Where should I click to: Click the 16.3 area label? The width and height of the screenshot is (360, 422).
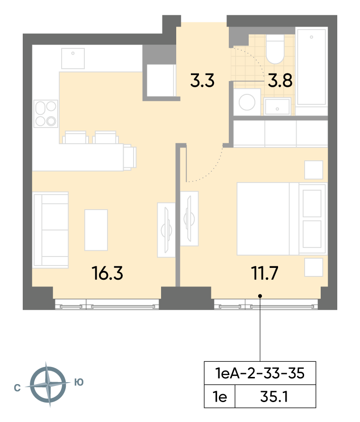pyautogui.click(x=107, y=273)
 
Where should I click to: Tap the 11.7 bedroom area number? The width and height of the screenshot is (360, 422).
pyautogui.click(x=265, y=273)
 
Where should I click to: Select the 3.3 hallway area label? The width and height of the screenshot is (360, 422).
pyautogui.click(x=202, y=81)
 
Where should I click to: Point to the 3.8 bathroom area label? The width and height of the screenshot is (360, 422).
pyautogui.click(x=280, y=81)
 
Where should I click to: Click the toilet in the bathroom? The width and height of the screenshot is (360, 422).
pyautogui.click(x=275, y=49)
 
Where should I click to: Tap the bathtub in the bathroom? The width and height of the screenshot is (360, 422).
pyautogui.click(x=311, y=66)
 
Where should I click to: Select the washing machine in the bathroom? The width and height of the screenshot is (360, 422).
pyautogui.click(x=247, y=102)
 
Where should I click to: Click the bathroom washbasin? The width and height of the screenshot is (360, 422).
pyautogui.click(x=277, y=107)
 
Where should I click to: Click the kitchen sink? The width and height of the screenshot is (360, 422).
pyautogui.click(x=73, y=58)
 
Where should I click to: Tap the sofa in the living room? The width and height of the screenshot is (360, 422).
pyautogui.click(x=50, y=230)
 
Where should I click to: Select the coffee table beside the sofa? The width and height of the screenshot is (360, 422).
pyautogui.click(x=96, y=230)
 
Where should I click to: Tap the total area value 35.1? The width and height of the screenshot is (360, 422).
pyautogui.click(x=274, y=396)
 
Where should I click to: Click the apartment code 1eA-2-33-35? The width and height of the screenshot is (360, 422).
pyautogui.click(x=260, y=373)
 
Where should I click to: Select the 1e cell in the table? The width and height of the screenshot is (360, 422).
pyautogui.click(x=220, y=396)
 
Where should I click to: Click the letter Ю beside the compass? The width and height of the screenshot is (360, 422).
pyautogui.click(x=79, y=382)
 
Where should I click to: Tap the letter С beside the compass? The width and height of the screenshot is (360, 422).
pyautogui.click(x=17, y=388)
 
